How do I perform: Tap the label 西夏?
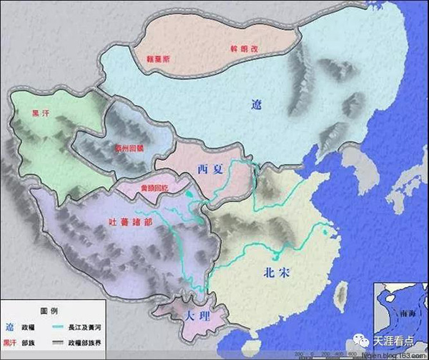tap(207, 169)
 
